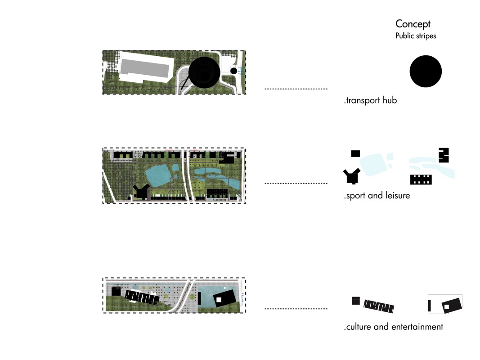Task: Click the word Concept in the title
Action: click(413, 24)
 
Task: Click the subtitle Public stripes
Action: click(415, 36)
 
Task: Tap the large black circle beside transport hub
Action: click(425, 71)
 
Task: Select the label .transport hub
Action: click(370, 100)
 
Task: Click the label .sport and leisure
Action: click(377, 196)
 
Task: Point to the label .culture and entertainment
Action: click(393, 327)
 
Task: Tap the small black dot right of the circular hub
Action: click(233, 71)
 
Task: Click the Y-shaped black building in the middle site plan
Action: click(141, 191)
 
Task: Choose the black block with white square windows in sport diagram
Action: click(421, 180)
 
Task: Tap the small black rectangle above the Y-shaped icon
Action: click(355, 153)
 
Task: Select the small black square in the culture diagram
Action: click(355, 301)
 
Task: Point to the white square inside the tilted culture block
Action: click(447, 307)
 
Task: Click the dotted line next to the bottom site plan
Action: click(296, 309)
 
